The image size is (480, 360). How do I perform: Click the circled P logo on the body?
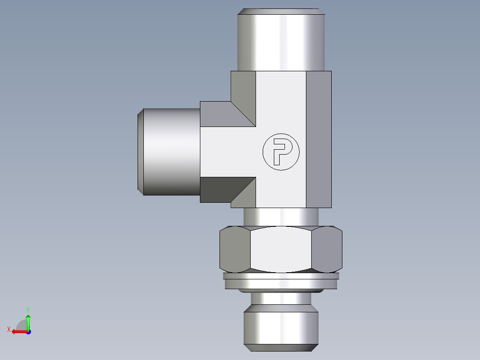coord(281,152)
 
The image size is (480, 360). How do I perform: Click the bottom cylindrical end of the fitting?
coord(281,327)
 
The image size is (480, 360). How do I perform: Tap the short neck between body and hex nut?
coord(281,217)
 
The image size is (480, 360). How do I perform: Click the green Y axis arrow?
coord(28,320)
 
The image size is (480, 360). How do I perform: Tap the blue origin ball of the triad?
coord(28,331)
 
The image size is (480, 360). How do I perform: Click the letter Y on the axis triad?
coord(28,309)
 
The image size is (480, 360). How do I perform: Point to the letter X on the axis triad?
coord(8,329)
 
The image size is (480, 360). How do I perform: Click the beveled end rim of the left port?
coord(140,152)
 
